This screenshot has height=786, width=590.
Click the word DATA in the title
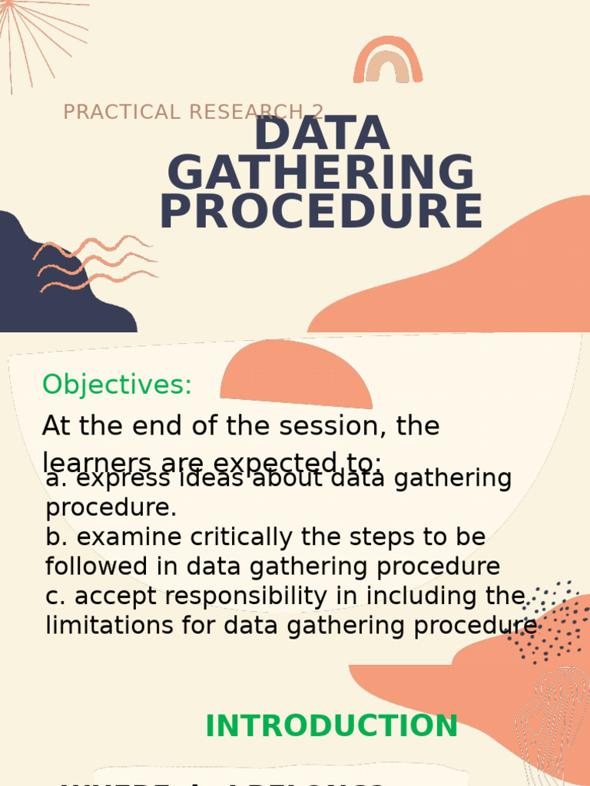321,134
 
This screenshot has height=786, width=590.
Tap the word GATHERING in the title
321,173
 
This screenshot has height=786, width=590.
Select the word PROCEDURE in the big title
321,213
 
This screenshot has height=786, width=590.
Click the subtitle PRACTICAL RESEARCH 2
193,112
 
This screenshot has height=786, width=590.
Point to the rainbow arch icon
388,60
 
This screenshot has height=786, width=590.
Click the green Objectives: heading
117,385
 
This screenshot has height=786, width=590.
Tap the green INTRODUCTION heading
331,726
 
